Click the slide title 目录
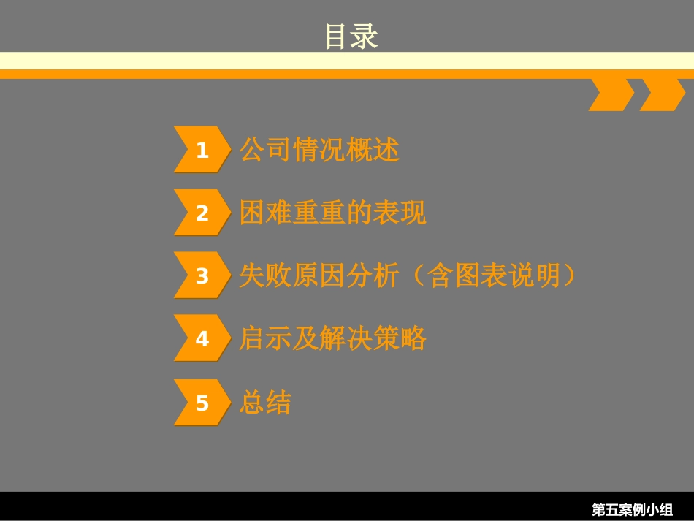351,37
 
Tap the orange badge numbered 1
202,150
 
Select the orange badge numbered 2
202,213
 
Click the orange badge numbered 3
202,275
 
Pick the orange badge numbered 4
202,338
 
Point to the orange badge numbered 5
202,403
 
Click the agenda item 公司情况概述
319,150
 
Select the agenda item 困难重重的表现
332,213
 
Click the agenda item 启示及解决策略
332,338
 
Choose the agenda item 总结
265,403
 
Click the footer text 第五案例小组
632,509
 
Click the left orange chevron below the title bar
611,95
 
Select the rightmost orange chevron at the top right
662,95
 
